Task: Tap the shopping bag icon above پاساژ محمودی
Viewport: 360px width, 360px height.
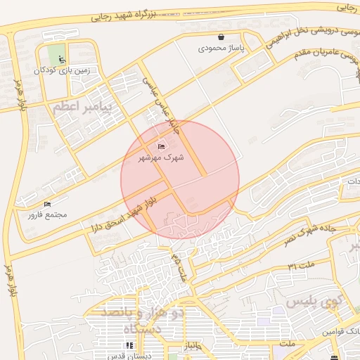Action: [221, 37]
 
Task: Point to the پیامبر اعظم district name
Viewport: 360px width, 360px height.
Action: [81, 107]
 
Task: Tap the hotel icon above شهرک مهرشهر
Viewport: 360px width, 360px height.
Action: [162, 146]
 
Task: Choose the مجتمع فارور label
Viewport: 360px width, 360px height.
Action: [47, 214]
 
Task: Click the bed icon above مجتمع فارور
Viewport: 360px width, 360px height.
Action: [47, 204]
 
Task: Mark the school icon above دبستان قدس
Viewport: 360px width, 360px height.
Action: [129, 345]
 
